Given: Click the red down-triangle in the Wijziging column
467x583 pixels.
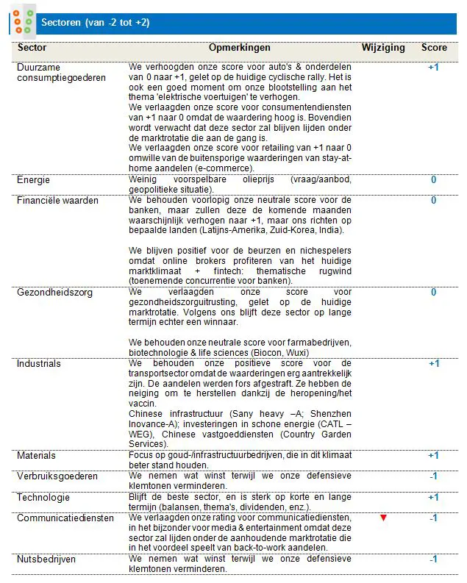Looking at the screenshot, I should (382, 518).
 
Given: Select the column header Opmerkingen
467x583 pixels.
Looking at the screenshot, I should (240, 48).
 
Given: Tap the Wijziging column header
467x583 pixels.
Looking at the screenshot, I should (382, 48).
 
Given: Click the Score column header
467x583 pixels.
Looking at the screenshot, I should (434, 48).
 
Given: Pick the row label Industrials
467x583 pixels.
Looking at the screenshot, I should (38, 363).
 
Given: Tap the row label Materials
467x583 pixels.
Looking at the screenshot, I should (36, 456).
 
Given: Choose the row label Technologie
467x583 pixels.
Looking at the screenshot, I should (43, 497).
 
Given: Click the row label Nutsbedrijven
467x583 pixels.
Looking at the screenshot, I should (46, 559).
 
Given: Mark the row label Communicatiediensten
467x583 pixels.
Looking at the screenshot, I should (65, 518).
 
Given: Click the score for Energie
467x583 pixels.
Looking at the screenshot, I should (434, 179).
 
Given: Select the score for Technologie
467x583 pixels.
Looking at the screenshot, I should (434, 497).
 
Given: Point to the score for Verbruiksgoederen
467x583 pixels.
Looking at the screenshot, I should (434, 476).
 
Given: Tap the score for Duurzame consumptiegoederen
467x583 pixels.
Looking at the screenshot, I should (434, 67).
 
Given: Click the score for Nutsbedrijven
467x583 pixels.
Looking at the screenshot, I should (434, 559).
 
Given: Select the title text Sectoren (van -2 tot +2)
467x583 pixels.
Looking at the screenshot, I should (96, 23).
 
